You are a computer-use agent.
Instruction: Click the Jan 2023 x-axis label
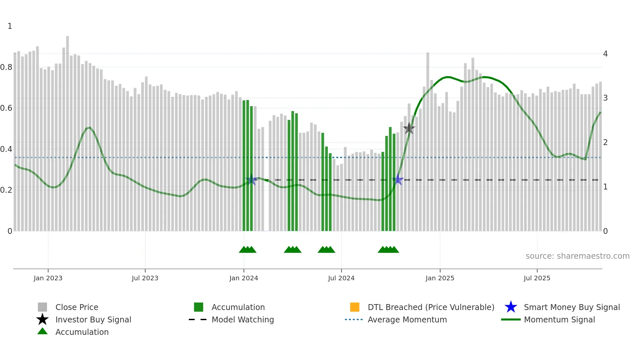coord(48,278)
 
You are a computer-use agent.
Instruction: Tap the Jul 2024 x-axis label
coord(341,278)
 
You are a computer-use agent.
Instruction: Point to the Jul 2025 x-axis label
coord(537,278)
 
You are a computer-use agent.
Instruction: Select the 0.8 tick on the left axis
coord(6,67)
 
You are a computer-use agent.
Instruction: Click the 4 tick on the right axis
coord(605,54)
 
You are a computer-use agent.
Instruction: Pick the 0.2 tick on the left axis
coord(6,190)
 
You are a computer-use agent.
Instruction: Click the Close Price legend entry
coord(77,307)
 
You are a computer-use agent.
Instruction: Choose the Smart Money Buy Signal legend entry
coord(571,307)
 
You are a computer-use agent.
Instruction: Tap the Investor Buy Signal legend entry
coord(93,319)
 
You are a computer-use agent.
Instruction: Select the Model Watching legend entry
coord(243,319)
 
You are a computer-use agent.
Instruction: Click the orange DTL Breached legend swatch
coord(355,307)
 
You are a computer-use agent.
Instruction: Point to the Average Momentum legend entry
coord(407,319)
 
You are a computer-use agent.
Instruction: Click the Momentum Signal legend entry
coord(559,319)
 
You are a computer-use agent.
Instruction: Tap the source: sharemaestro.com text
coord(577,256)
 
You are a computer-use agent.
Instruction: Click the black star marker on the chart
coord(409,128)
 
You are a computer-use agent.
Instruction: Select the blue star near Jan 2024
coord(251,180)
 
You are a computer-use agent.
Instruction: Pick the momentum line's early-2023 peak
coord(89,127)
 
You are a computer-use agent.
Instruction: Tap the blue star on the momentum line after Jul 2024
coord(398,180)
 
